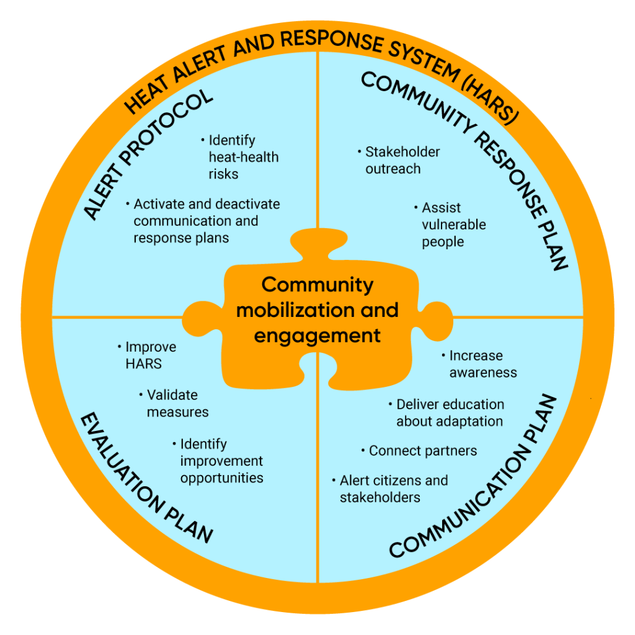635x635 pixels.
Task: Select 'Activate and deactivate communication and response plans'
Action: [x=205, y=221]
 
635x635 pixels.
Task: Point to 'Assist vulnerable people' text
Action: [x=453, y=224]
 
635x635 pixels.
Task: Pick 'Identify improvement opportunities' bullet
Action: [x=220, y=461]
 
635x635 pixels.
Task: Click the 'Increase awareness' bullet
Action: [x=481, y=364]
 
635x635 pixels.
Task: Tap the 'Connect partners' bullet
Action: [x=421, y=451]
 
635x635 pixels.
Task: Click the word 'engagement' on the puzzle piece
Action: [x=317, y=335]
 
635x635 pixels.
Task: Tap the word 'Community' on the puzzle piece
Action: [x=317, y=285]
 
